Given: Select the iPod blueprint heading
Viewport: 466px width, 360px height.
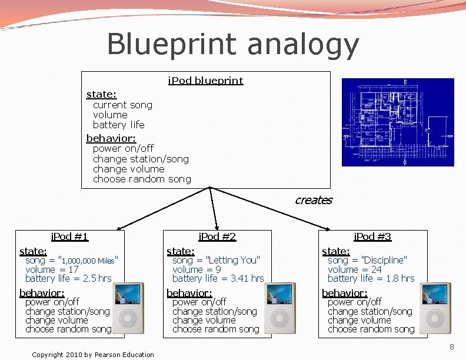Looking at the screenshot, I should coord(205,81).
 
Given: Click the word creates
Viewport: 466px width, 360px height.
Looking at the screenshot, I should coord(314,200).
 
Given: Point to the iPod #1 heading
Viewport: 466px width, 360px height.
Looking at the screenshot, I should coord(69,236).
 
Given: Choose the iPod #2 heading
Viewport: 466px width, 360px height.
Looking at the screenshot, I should coord(217,236).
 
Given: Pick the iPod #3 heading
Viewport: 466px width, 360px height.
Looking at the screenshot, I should coord(372,236).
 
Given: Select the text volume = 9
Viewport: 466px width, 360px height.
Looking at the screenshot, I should coord(197,269).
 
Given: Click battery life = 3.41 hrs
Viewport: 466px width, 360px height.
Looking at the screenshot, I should coord(218,278).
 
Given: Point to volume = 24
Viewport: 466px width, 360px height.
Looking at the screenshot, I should coord(354,269).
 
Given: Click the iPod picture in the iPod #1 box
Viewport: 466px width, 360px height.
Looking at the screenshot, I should coord(128,308).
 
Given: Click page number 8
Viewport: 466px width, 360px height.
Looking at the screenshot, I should coord(451,347).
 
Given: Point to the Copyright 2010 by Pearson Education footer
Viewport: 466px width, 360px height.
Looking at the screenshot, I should coord(93,354).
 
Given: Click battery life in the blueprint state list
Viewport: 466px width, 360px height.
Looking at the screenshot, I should coord(118,125).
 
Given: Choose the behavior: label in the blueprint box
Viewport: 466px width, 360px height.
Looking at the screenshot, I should coord(111,138).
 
